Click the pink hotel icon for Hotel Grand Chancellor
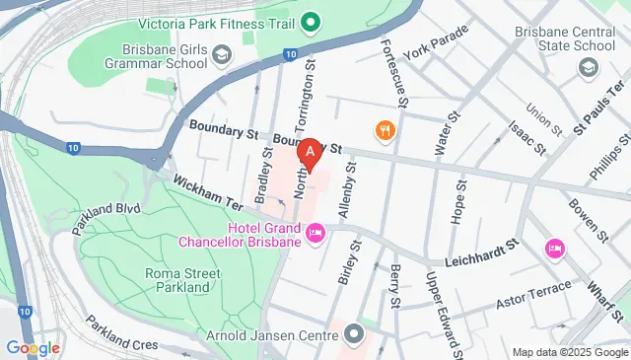point(315,233)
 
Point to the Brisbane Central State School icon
point(589,67)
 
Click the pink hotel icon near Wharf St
point(554,248)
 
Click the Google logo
point(33,347)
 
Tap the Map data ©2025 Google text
point(569,352)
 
